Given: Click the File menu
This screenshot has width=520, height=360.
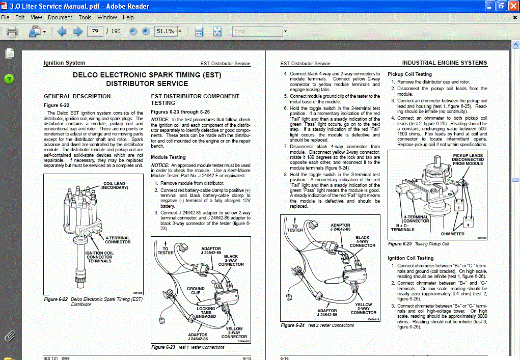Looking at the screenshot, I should point(6,17).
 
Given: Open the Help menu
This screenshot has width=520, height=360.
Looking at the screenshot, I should point(128,17).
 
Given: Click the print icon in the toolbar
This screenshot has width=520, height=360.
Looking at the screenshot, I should point(12,32).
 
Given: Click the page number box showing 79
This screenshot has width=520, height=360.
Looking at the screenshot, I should point(95,32).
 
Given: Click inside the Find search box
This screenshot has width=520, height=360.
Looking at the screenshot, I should point(257,32).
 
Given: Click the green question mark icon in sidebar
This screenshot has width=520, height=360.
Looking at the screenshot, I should point(9,79).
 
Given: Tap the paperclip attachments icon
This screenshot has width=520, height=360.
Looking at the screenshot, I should point(9,336).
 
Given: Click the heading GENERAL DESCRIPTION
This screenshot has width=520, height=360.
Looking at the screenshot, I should point(77,96).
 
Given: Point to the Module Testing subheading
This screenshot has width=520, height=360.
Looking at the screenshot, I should point(168,157).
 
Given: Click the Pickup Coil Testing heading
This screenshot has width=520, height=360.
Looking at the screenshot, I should point(409,74).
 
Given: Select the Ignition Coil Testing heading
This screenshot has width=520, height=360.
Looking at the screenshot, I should point(410,258).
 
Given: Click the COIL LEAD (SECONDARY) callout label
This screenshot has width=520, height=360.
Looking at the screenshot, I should point(114,186).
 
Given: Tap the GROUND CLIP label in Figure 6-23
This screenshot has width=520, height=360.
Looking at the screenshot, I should point(195,291).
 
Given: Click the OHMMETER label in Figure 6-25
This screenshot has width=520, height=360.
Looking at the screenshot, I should point(453,234).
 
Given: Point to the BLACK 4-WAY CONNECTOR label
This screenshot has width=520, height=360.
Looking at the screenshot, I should point(362,241).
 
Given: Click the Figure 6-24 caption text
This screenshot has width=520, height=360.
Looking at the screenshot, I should point(317,325).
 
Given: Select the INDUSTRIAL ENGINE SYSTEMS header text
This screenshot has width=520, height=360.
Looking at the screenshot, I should point(444,63).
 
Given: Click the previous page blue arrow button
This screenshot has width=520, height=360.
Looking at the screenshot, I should point(62,32).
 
